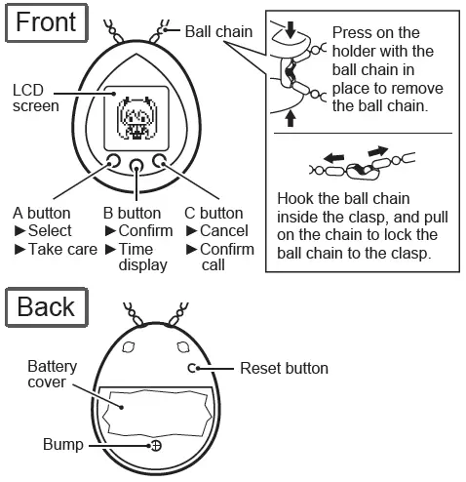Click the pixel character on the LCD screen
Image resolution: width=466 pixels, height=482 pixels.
tap(136, 118)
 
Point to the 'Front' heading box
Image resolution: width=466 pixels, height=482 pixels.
tap(47, 22)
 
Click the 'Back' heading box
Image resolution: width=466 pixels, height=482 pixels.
tap(47, 306)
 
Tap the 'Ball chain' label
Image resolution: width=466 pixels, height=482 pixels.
tap(218, 32)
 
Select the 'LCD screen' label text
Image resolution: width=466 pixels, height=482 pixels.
tap(36, 99)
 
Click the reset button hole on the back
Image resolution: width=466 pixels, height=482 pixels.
tap(192, 368)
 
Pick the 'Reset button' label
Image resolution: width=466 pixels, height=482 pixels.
tap(284, 369)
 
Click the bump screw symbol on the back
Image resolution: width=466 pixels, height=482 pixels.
tap(157, 446)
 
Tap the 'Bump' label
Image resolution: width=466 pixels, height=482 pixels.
tap(63, 445)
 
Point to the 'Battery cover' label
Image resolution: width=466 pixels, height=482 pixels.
tap(52, 374)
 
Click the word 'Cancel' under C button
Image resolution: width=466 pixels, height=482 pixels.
tap(224, 231)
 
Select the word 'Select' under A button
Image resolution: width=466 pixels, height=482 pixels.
tap(50, 231)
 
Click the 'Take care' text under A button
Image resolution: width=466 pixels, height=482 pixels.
tap(62, 250)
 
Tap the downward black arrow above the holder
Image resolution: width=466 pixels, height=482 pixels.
tap(291, 30)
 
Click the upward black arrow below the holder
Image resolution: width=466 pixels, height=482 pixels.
tap(291, 119)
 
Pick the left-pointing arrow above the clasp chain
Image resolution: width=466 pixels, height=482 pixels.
tap(333, 159)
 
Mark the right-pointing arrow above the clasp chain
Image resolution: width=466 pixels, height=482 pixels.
tap(378, 151)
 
